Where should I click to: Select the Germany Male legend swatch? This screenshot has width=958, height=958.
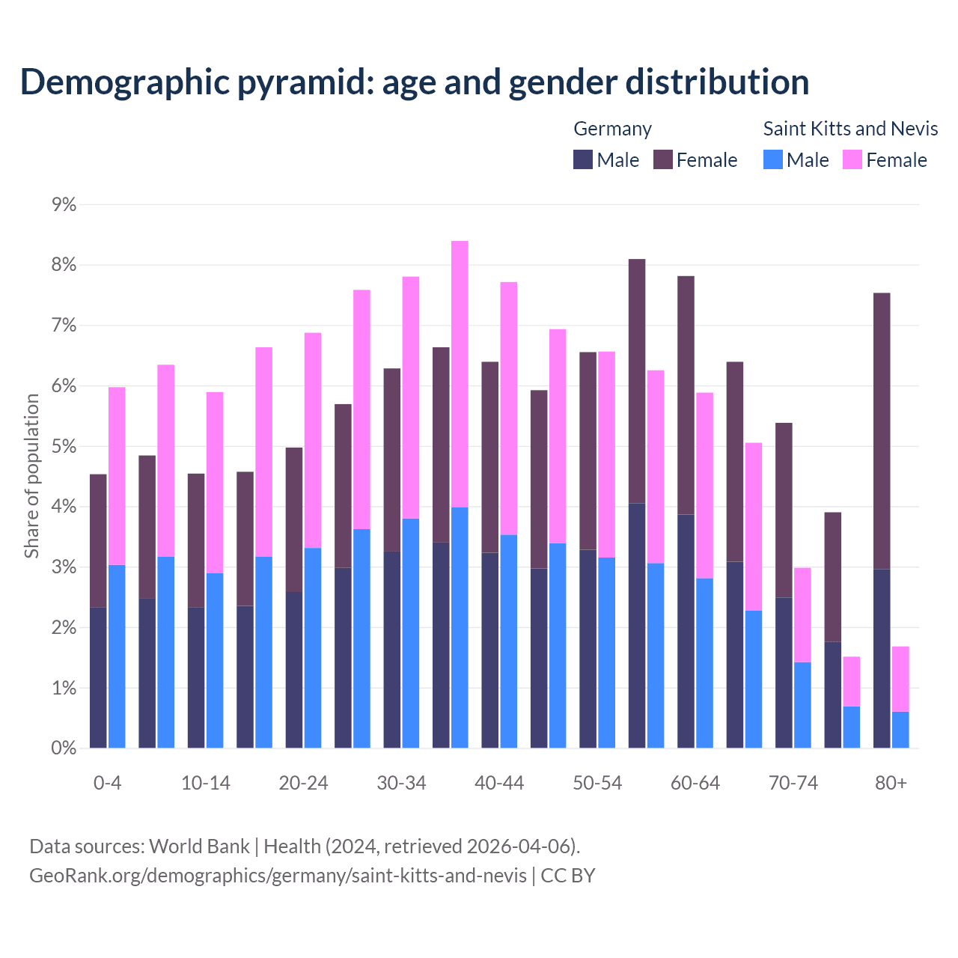pos(583,160)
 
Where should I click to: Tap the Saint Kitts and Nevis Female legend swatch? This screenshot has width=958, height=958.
pos(852,160)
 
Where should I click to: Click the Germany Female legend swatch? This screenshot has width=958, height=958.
pos(663,160)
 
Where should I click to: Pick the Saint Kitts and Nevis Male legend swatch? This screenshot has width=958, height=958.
pos(773,160)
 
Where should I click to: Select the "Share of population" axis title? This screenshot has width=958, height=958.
pos(32,476)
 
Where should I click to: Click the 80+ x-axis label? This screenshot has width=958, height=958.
pos(891,784)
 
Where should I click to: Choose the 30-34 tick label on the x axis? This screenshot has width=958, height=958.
pos(401,784)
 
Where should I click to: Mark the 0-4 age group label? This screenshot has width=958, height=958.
pos(107,784)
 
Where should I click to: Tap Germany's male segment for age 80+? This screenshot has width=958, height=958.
pos(882,659)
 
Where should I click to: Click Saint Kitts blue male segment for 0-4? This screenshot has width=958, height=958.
pos(117,656)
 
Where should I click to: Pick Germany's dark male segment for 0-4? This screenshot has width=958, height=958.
pos(98,677)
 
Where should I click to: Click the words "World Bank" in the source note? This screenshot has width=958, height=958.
pos(199,846)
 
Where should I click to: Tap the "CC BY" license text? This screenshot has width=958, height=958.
pos(568,876)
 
